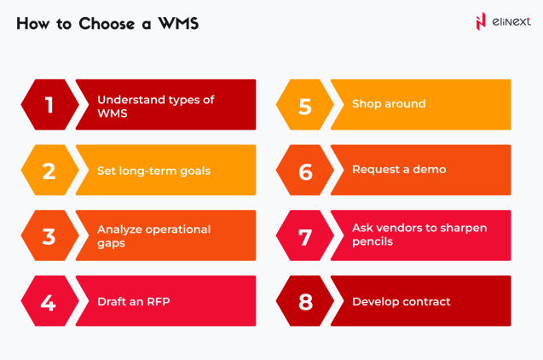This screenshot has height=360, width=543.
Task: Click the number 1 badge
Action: pyautogui.click(x=49, y=105)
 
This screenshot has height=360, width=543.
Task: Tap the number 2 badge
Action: pyautogui.click(x=49, y=170)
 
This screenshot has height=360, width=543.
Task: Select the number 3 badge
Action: pyautogui.click(x=49, y=235)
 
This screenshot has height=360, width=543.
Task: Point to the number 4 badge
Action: pyautogui.click(x=49, y=301)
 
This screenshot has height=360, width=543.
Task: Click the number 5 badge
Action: pyautogui.click(x=304, y=105)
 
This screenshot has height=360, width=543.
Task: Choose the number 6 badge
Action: pyautogui.click(x=304, y=170)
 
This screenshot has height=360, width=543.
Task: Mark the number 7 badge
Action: pyautogui.click(x=304, y=235)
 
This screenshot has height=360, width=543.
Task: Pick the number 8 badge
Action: pyautogui.click(x=304, y=301)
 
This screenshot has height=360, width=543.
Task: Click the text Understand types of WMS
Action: pyautogui.click(x=155, y=106)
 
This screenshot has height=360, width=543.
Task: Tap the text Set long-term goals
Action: pyautogui.click(x=153, y=171)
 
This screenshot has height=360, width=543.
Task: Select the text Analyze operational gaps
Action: pyautogui.click(x=153, y=235)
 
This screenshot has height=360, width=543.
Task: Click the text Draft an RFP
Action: pyautogui.click(x=133, y=301)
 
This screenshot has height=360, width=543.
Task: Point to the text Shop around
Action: pyautogui.click(x=389, y=104)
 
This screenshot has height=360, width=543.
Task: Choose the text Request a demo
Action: pyautogui.click(x=398, y=170)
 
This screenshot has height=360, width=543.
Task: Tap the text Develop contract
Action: pyautogui.click(x=401, y=301)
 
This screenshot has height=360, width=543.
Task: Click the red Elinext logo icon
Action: pyautogui.click(x=481, y=22)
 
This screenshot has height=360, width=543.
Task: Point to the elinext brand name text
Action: pyautogui.click(x=511, y=22)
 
